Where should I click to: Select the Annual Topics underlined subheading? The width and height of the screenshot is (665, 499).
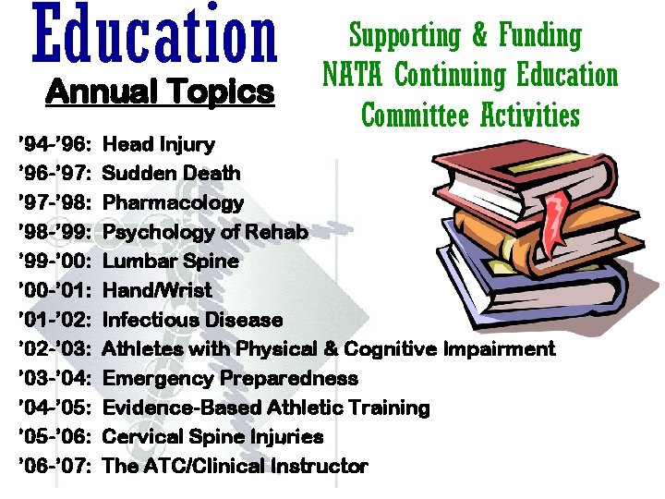[160, 92]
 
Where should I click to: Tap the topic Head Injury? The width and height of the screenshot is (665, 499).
[159, 144]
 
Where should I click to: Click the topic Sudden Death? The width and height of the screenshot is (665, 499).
[172, 174]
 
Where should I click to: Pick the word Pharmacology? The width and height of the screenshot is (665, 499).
[174, 202]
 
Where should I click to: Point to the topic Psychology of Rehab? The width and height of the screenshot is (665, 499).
[205, 232]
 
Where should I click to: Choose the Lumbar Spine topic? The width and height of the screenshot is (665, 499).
[171, 262]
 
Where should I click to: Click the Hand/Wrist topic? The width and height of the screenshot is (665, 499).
[157, 290]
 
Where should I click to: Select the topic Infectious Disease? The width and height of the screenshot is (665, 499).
[193, 320]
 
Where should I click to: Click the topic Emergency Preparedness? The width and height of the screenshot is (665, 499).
[230, 378]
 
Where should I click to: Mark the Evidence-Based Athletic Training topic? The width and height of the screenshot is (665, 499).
[266, 408]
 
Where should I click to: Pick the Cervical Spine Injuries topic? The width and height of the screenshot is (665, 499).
[213, 437]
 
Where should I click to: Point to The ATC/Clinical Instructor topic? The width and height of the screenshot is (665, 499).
[236, 466]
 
